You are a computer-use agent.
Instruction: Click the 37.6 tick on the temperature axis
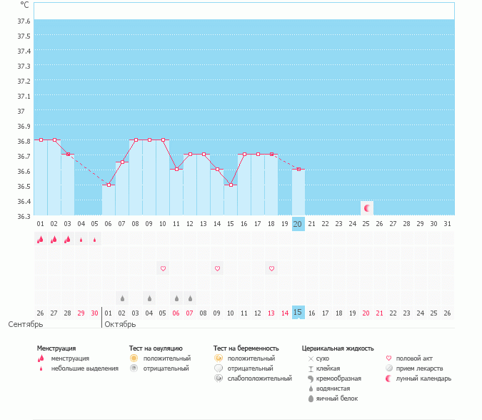click(24, 21)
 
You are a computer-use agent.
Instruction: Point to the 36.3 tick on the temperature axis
click(24, 216)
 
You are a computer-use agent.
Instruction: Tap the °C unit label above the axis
click(25, 5)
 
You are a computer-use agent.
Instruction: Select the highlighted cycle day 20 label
click(298, 224)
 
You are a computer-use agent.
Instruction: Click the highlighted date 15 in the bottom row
click(298, 313)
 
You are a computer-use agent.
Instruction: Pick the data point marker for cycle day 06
click(109, 185)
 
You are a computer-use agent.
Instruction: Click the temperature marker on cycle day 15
click(231, 185)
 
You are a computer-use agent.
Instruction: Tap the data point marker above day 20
click(298, 169)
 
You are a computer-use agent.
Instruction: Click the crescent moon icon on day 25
click(366, 208)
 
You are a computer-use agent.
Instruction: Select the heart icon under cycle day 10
click(163, 268)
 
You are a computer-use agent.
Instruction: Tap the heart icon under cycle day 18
click(271, 268)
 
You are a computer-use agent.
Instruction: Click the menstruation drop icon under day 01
click(41, 240)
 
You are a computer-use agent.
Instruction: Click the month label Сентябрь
click(26, 324)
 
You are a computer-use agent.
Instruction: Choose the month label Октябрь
click(121, 324)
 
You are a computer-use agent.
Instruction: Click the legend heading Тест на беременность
click(246, 348)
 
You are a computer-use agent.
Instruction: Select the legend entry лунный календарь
click(423, 379)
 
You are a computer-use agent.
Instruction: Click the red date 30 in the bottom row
click(95, 313)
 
